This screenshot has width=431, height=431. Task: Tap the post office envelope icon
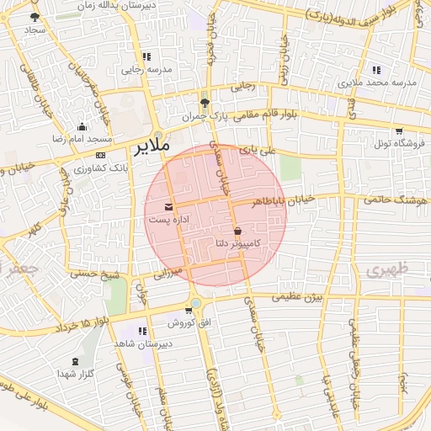(170, 206)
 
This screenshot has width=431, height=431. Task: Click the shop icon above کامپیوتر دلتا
(237, 231)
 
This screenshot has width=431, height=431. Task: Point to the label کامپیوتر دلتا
(237, 243)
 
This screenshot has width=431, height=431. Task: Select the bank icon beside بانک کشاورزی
(100, 156)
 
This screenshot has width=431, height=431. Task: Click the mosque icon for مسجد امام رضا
(82, 125)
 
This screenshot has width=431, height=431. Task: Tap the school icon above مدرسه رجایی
(146, 56)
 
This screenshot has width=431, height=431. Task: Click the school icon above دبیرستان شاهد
(142, 331)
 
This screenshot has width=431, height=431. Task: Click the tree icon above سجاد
(35, 17)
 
